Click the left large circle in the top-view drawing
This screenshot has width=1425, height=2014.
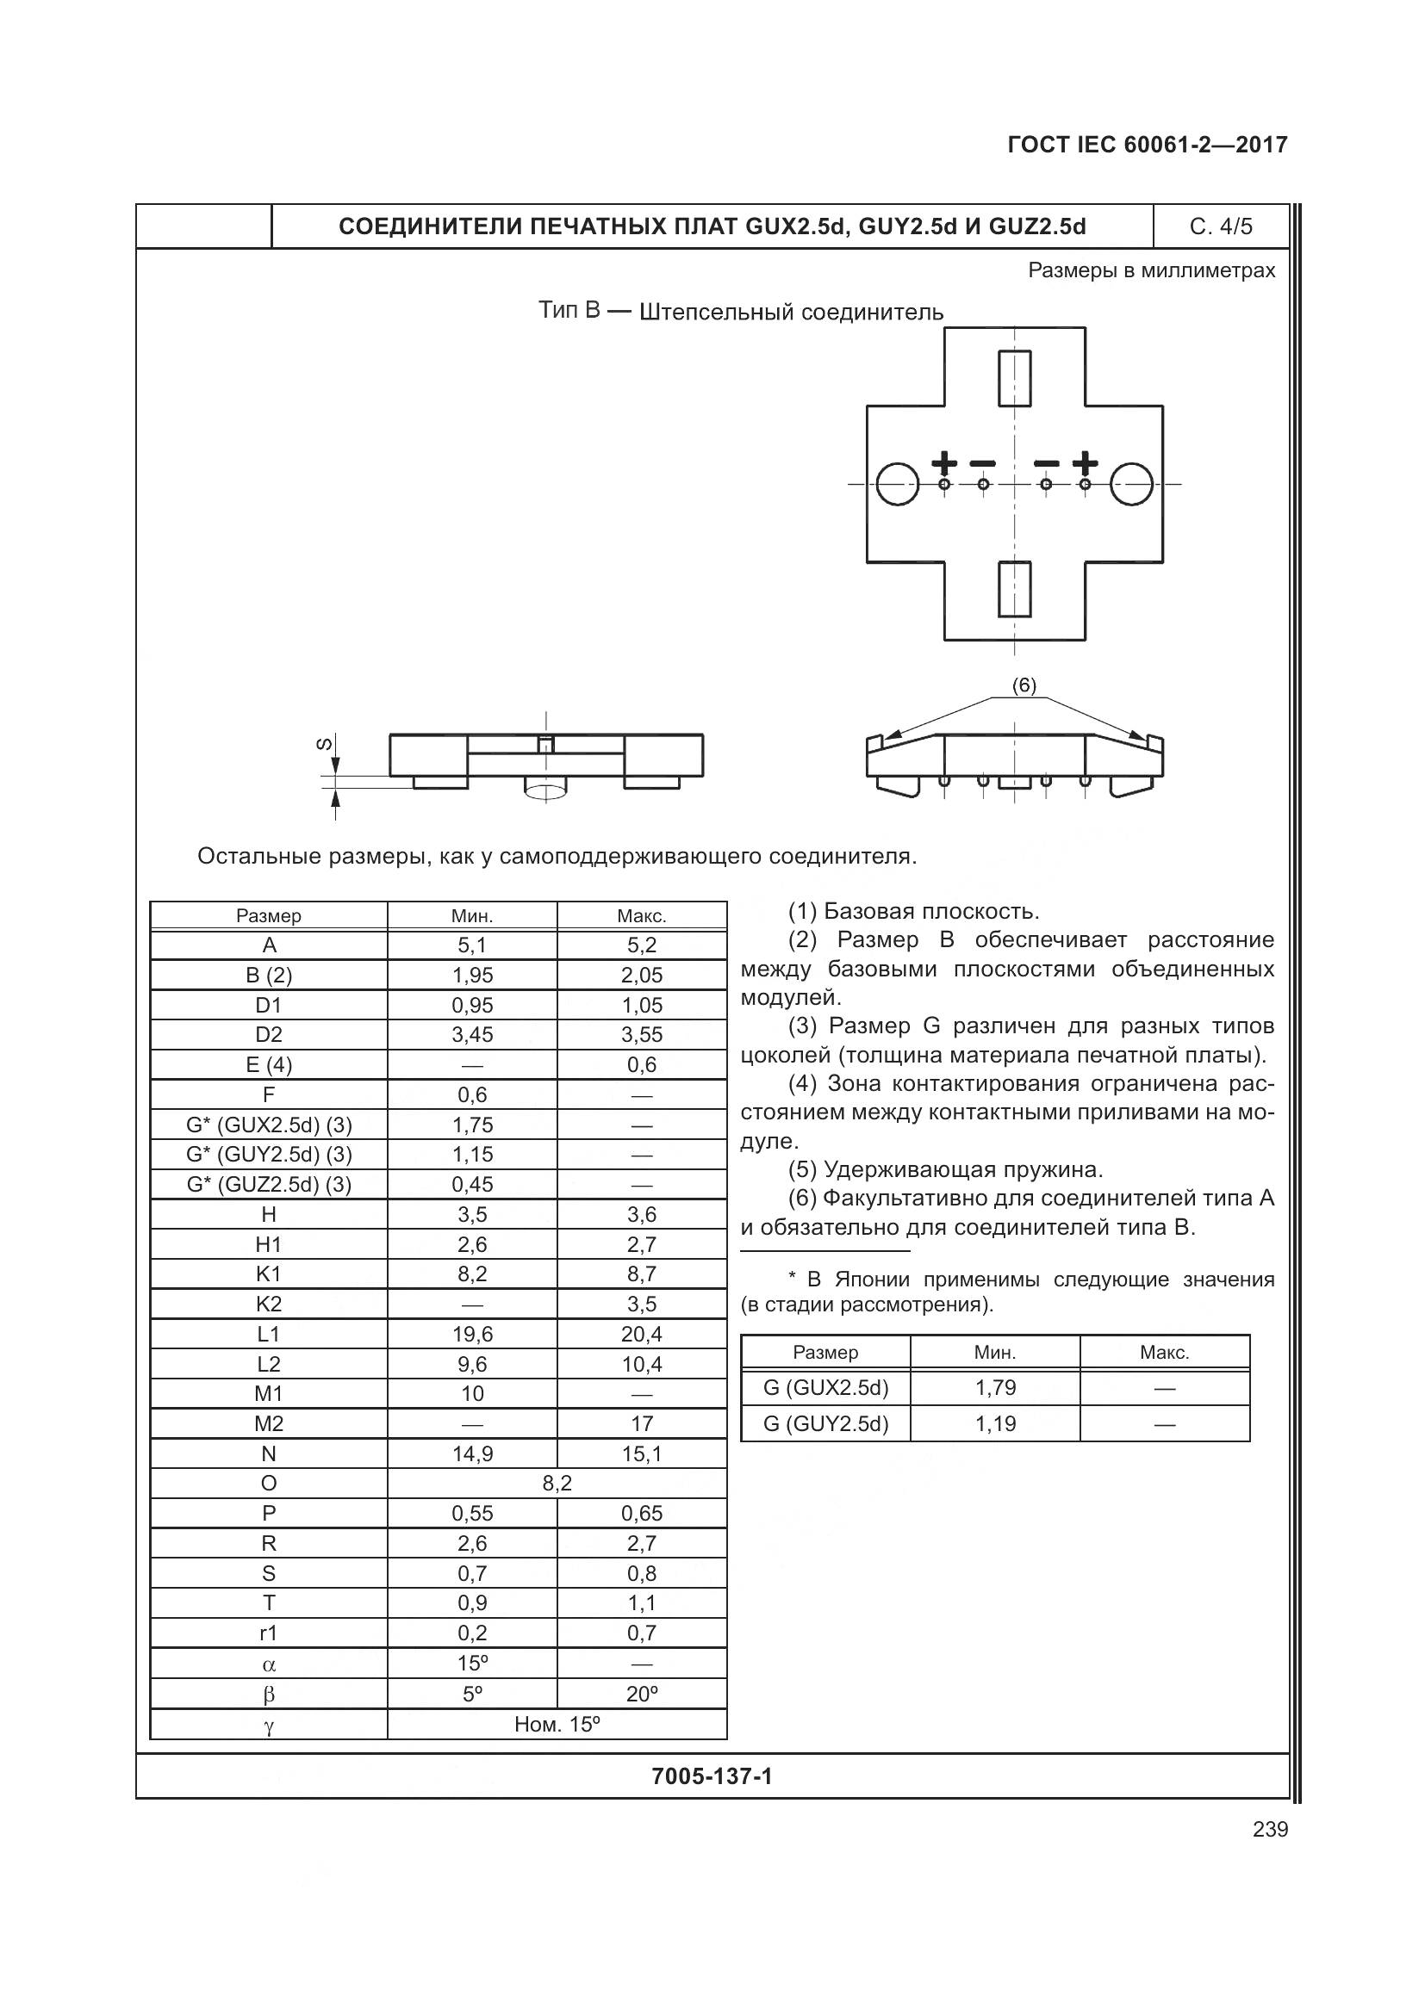click(x=897, y=483)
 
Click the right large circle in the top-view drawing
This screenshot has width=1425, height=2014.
click(x=1131, y=483)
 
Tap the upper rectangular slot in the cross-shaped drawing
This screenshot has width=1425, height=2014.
click(x=1014, y=378)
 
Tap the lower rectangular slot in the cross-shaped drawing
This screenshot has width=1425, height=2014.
click(x=1014, y=589)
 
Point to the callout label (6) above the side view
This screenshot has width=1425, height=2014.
click(x=1024, y=685)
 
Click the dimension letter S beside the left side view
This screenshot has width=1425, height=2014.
click(x=324, y=744)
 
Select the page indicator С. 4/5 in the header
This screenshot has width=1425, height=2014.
click(x=1221, y=227)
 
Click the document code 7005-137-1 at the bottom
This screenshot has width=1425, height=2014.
click(x=712, y=1776)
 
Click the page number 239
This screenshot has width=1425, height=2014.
click(x=1270, y=1829)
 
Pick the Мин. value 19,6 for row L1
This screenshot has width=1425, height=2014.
click(x=472, y=1334)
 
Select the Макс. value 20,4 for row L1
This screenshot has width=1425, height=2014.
click(x=642, y=1334)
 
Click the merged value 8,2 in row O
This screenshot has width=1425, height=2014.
click(x=557, y=1484)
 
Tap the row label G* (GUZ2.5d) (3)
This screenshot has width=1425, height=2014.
click(x=269, y=1184)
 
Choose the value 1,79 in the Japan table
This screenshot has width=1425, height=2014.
click(x=995, y=1388)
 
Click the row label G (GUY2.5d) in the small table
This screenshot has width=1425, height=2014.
click(x=825, y=1423)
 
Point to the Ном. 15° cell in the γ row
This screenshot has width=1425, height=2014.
click(x=557, y=1724)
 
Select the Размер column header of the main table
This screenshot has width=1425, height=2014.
click(x=269, y=916)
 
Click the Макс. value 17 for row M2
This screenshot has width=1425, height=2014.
click(x=642, y=1423)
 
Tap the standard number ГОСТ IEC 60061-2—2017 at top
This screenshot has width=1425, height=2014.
click(x=1147, y=145)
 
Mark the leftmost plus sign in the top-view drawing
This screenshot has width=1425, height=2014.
click(x=944, y=462)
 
